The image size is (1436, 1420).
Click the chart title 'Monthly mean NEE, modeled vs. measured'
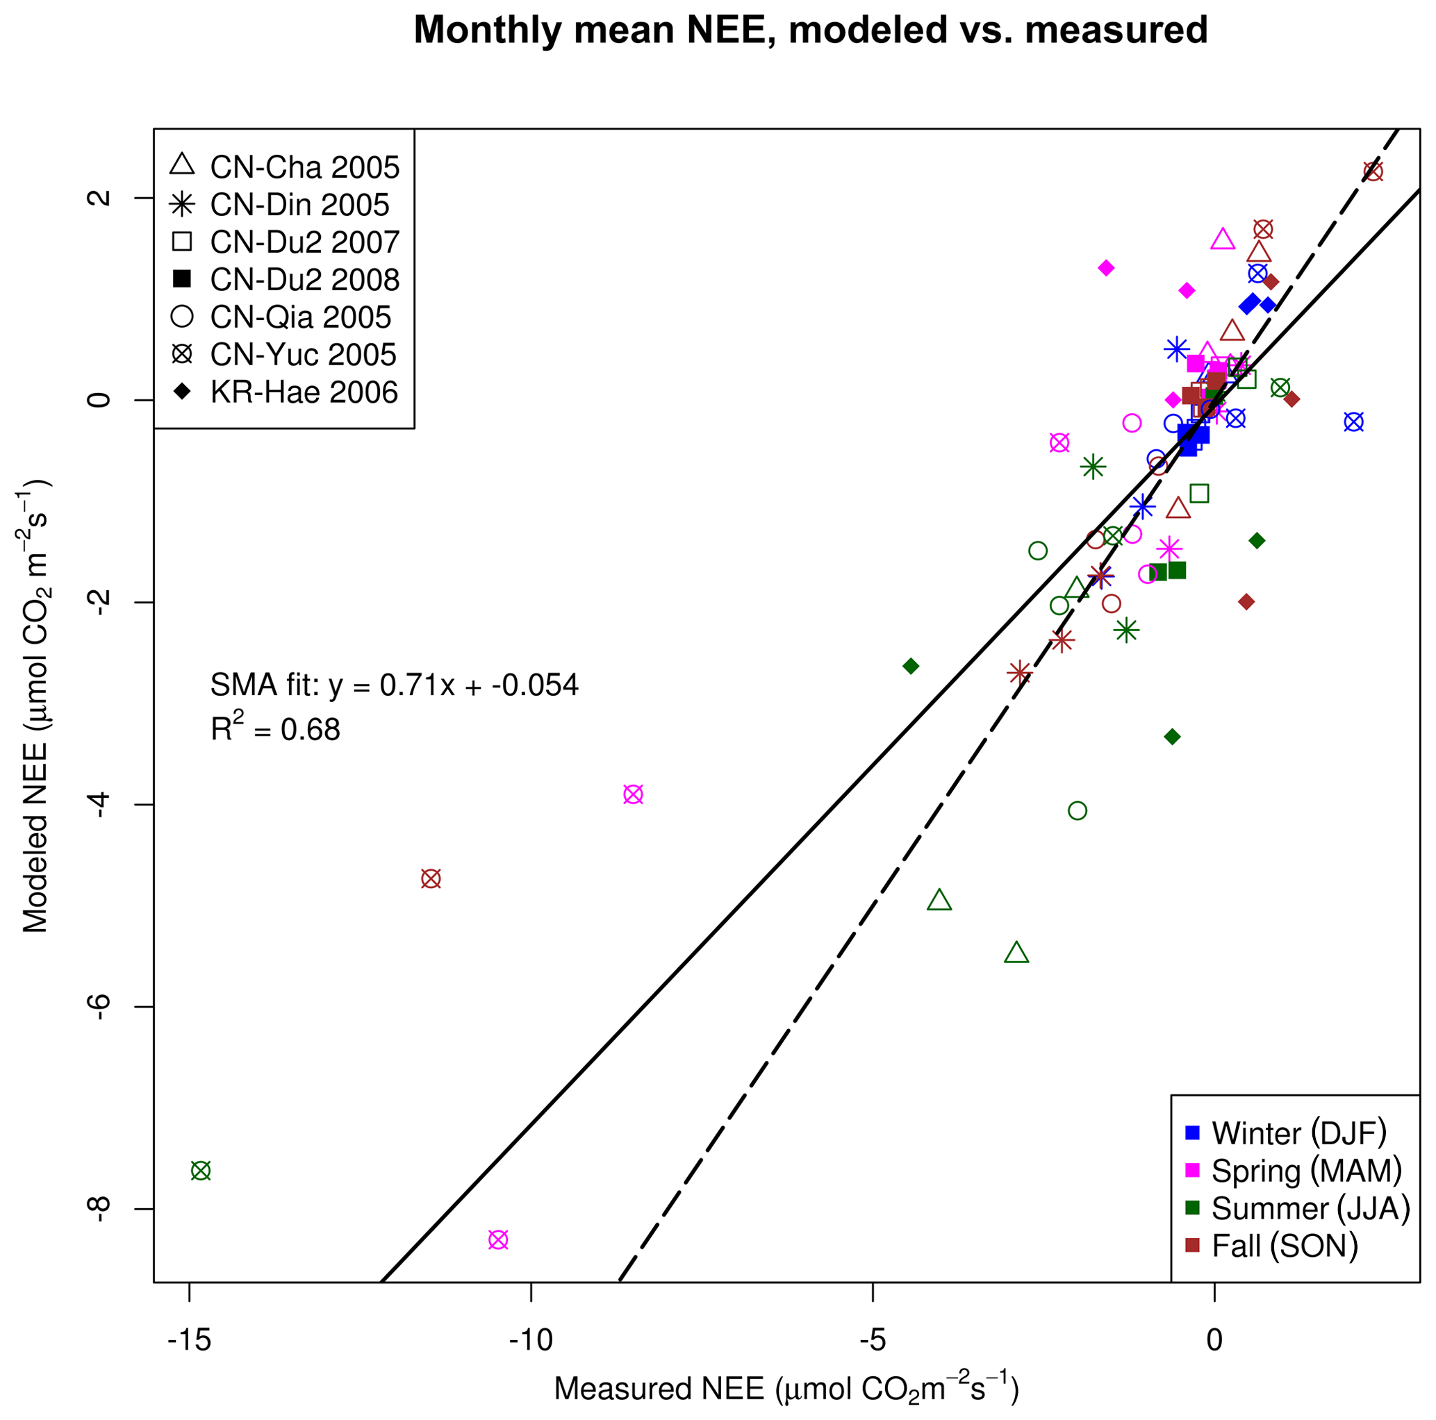tap(810, 31)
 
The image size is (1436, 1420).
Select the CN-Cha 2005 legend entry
tap(286, 168)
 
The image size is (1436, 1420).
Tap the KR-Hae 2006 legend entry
tap(286, 392)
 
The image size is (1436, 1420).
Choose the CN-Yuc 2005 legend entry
tap(286, 356)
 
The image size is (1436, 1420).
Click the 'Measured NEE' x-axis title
tap(786, 1389)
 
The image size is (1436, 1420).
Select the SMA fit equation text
tap(394, 685)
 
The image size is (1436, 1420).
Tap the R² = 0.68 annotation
tap(275, 729)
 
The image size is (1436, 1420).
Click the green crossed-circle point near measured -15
tap(201, 1171)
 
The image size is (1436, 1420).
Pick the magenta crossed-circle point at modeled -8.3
tap(498, 1239)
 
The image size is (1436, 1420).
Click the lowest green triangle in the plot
tap(1016, 953)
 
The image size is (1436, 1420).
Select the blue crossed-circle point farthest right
tap(1354, 422)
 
